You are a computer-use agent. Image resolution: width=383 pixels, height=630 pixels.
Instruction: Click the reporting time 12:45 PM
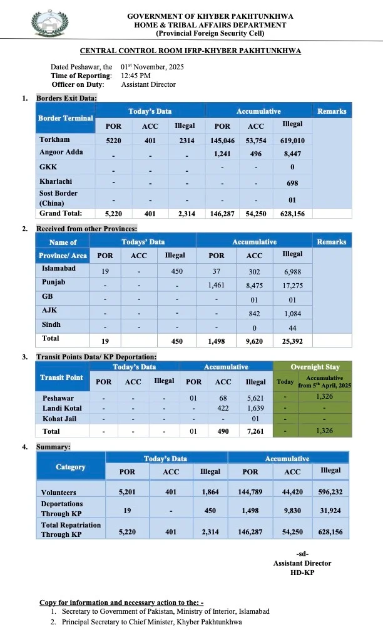tap(136, 76)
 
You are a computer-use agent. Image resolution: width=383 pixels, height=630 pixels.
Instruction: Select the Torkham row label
tap(54, 140)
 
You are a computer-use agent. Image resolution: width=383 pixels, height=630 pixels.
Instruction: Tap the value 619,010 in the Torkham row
tap(293, 141)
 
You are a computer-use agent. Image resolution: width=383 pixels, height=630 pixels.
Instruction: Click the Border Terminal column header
tap(65, 118)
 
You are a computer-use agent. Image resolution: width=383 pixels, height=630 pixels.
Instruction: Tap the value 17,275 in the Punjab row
tap(293, 285)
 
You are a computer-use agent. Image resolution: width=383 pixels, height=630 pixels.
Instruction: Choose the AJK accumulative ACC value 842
tap(254, 314)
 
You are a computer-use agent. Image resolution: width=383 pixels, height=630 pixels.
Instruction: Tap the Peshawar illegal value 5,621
tap(255, 398)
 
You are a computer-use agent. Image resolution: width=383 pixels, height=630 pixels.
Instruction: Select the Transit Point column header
tap(61, 377)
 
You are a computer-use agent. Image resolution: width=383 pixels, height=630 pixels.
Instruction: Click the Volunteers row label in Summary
tap(58, 492)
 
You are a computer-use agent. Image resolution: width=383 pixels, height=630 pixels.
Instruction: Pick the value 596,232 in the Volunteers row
tap(331, 492)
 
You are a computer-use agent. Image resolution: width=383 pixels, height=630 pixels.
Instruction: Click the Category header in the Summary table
tap(71, 467)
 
